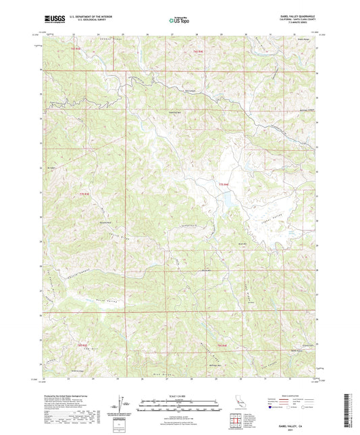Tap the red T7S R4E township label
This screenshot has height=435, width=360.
pos(224,184)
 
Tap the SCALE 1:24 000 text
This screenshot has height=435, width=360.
pos(178,395)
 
